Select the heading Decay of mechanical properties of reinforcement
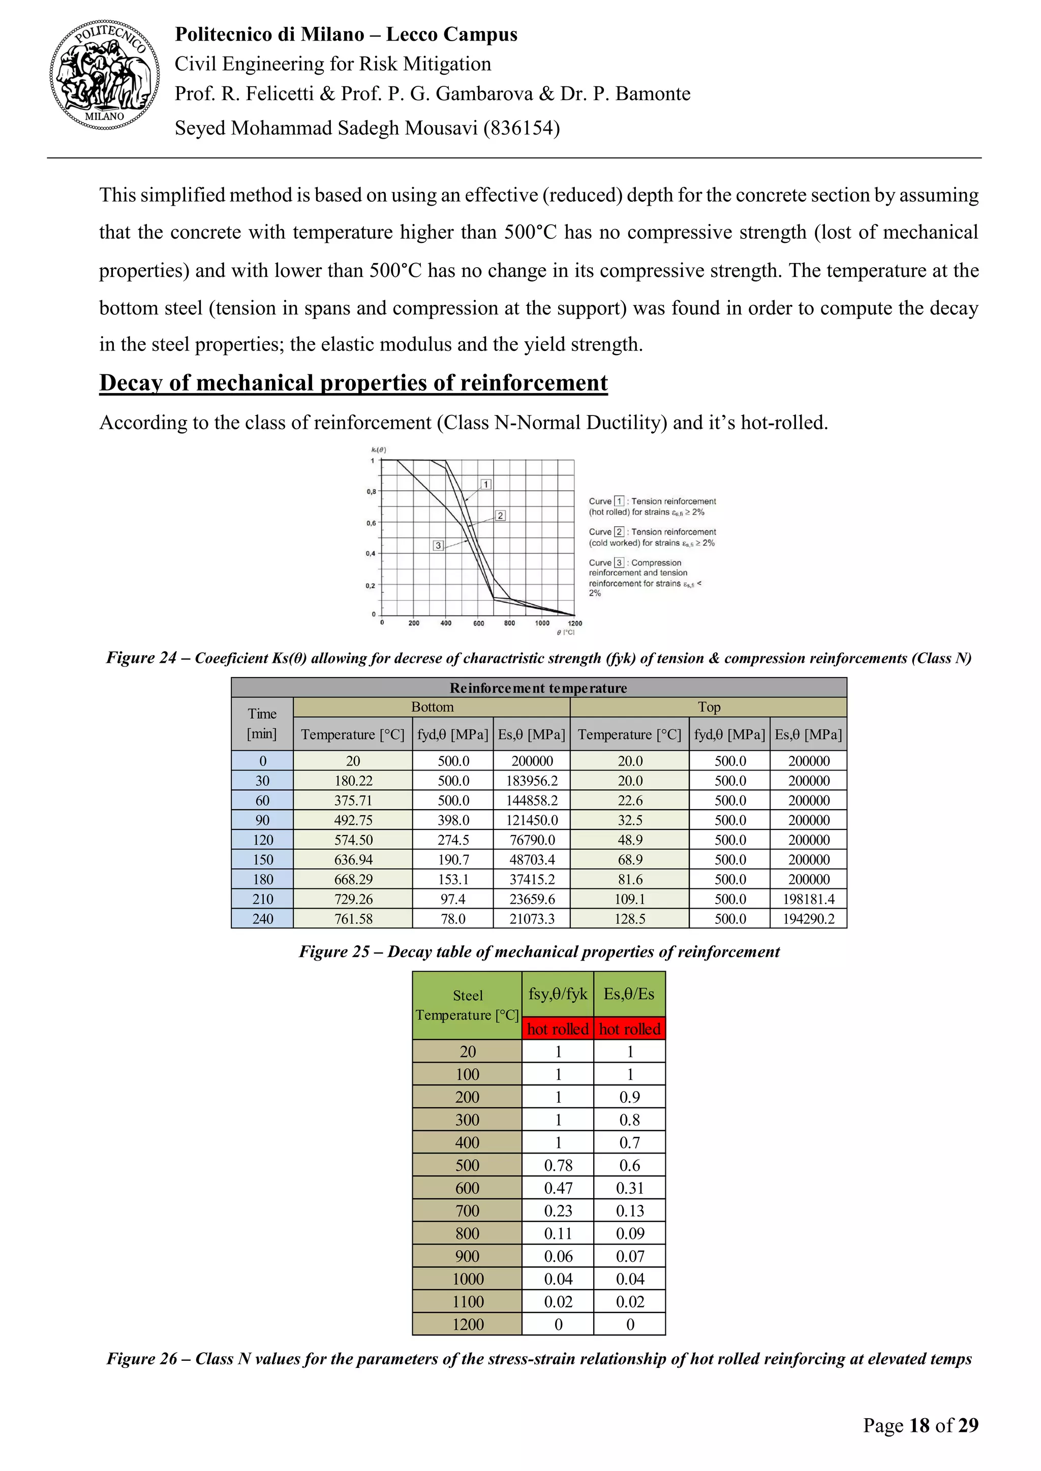tap(353, 382)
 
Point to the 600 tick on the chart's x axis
tap(478, 623)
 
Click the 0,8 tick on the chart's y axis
tap(371, 491)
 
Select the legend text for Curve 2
tap(652, 537)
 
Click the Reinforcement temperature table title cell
tap(538, 687)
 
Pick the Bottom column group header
tap(432, 707)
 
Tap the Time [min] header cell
tap(262, 723)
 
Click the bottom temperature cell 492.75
tap(353, 820)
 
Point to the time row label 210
tap(263, 899)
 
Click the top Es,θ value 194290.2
tap(808, 919)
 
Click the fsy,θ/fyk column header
tap(558, 994)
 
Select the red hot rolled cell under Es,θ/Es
tap(629, 1029)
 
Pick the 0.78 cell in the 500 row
tap(558, 1165)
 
